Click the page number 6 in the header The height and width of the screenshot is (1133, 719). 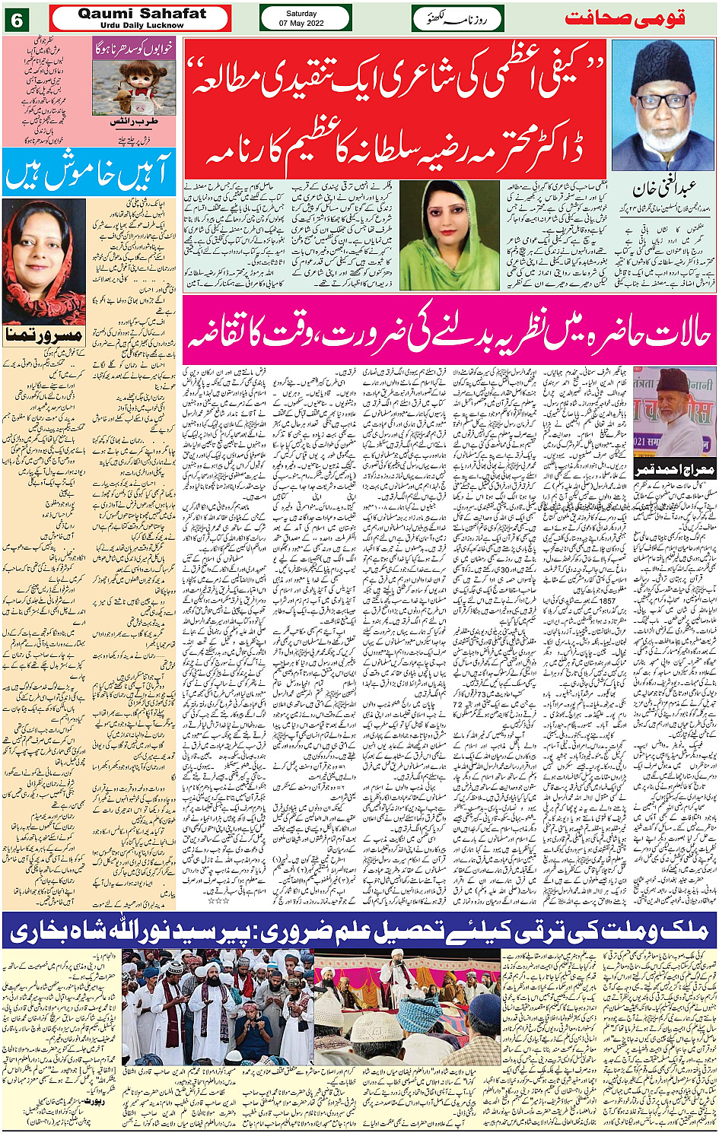tap(17, 20)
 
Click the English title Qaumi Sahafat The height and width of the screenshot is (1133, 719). tap(142, 13)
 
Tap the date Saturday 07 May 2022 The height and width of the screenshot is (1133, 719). tap(305, 18)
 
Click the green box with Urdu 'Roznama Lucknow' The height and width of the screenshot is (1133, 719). tap(458, 18)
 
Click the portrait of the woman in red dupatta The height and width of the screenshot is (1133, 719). tap(44, 262)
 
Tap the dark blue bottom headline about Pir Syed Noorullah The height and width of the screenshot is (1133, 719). tap(360, 929)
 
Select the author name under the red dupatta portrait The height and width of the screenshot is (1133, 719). tap(44, 334)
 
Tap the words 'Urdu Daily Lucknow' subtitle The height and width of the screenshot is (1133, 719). tap(142, 25)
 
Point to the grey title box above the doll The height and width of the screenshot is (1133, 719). tap(134, 48)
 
